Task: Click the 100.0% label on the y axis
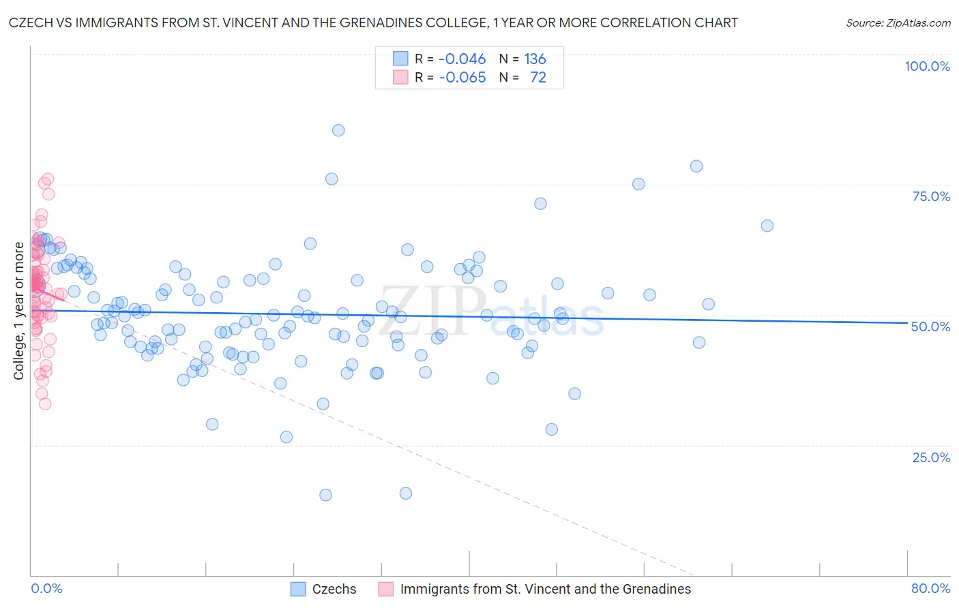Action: click(x=927, y=66)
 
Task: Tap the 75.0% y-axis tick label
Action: click(x=931, y=196)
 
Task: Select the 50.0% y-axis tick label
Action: click(x=930, y=326)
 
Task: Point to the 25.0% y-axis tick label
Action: click(x=931, y=457)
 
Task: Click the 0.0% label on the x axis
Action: click(x=46, y=588)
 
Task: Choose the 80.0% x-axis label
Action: click(x=930, y=588)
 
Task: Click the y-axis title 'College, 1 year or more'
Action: click(x=19, y=311)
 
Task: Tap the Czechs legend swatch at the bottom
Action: click(x=298, y=589)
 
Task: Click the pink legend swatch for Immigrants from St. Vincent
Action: click(x=386, y=589)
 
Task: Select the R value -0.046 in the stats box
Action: click(x=462, y=59)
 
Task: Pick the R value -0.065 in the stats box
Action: click(x=462, y=77)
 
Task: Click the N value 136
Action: click(x=535, y=59)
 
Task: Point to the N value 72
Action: click(x=538, y=77)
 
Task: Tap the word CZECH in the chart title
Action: click(x=31, y=22)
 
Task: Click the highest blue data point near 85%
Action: click(x=338, y=130)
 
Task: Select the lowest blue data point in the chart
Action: click(x=325, y=495)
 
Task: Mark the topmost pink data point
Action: click(x=48, y=179)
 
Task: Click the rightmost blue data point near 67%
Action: click(x=767, y=226)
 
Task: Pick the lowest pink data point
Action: click(x=45, y=404)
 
